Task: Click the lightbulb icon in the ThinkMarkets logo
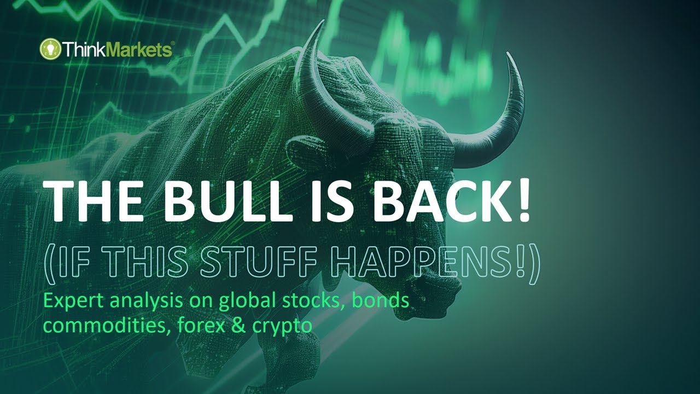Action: coord(49,50)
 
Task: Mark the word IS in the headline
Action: coord(323,201)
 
